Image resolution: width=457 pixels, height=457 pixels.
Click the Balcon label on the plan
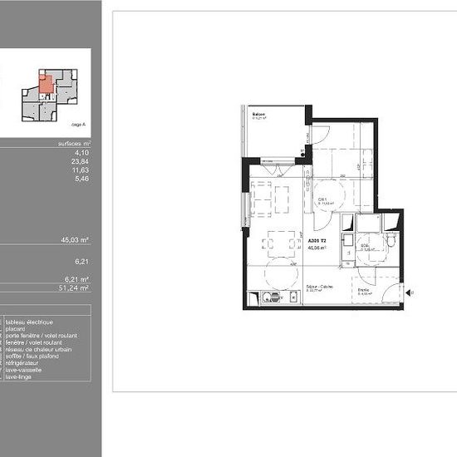[259, 115]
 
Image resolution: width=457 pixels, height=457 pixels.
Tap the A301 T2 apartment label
[317, 240]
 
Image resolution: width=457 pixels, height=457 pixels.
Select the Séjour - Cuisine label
[317, 286]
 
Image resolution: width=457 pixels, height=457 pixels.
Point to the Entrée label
[363, 290]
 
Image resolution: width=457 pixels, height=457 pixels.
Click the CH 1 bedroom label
[322, 199]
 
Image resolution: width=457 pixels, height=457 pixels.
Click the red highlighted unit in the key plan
[45, 82]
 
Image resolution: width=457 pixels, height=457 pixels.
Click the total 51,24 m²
[76, 287]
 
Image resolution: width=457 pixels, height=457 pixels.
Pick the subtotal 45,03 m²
[76, 239]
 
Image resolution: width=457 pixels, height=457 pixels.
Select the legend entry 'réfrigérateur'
[23, 363]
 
